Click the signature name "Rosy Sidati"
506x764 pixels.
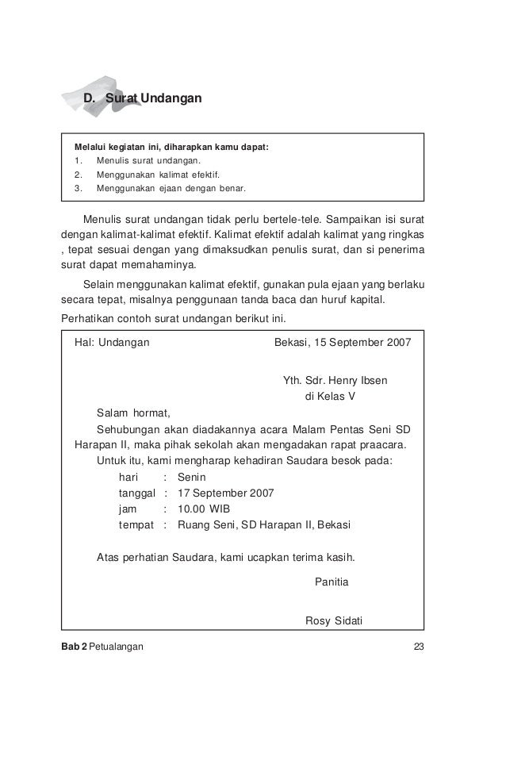coord(333,620)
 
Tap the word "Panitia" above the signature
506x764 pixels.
coord(332,582)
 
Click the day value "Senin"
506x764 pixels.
coord(192,478)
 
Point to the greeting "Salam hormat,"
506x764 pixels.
coord(132,413)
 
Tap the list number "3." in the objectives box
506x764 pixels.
coord(78,189)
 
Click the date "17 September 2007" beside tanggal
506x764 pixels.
coord(226,493)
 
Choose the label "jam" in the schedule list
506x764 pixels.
coord(127,509)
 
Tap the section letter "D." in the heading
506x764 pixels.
coord(91,98)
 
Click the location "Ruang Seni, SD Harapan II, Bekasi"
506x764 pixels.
coord(265,524)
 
